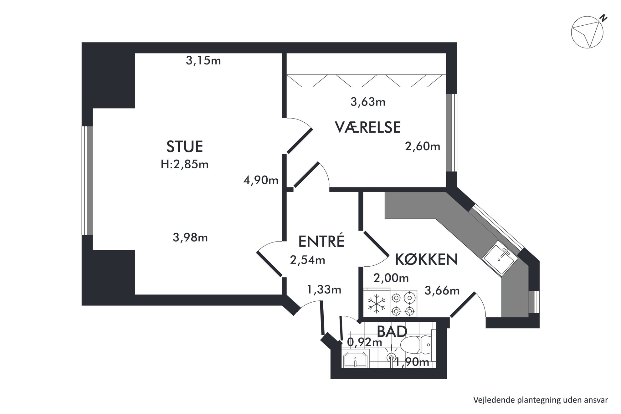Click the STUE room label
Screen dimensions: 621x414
point(185,146)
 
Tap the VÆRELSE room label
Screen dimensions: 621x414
point(368,127)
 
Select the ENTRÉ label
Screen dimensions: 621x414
point(321,241)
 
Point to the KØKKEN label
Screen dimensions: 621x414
point(426,259)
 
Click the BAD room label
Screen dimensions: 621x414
point(392,331)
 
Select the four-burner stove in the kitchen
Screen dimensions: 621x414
point(403,303)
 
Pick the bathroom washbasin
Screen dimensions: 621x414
point(356,359)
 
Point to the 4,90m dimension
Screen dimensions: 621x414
point(261,180)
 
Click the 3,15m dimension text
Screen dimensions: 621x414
point(203,60)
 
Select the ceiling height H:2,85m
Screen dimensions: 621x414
point(185,164)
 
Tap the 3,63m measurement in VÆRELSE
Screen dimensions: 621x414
point(368,102)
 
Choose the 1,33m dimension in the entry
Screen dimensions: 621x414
point(324,290)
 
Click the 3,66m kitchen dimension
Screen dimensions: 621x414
point(442,291)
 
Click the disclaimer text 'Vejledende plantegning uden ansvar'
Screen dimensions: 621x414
point(541,400)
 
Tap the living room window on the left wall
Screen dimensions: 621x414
point(87,181)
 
